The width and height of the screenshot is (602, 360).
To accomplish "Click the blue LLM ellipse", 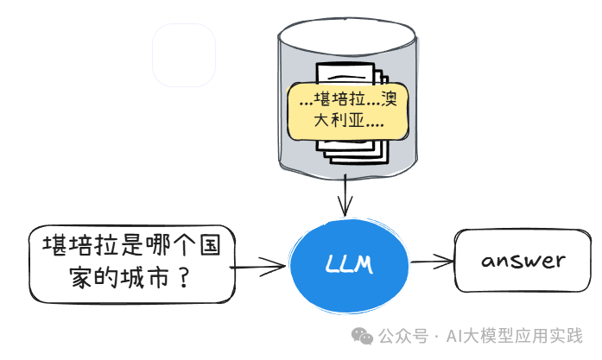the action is [x=349, y=265].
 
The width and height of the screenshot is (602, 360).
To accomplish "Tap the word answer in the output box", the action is [x=523, y=261].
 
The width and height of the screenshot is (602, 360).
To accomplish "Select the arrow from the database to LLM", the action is [x=345, y=195].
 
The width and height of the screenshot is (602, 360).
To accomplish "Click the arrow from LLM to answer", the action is [x=433, y=262].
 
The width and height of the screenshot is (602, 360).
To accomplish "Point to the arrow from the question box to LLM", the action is [x=258, y=267].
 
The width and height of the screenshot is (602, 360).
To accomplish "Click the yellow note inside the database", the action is [x=348, y=111].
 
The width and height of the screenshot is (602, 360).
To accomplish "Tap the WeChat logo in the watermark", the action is [x=362, y=336].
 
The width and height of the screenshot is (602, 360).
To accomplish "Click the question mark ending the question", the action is [x=184, y=278].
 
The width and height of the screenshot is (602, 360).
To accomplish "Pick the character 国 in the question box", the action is [x=210, y=245].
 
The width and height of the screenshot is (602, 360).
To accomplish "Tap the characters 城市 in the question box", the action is [x=145, y=278].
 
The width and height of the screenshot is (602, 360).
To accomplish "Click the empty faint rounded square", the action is [x=184, y=55].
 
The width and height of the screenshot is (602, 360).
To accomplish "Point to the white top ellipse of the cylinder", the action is [x=346, y=35].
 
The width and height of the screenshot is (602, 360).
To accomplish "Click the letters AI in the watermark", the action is [x=453, y=336].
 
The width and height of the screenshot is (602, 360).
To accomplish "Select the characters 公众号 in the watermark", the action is [x=403, y=336].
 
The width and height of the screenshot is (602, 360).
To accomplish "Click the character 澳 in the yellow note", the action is [x=390, y=98].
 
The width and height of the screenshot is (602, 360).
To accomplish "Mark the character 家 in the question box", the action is [x=81, y=278].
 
